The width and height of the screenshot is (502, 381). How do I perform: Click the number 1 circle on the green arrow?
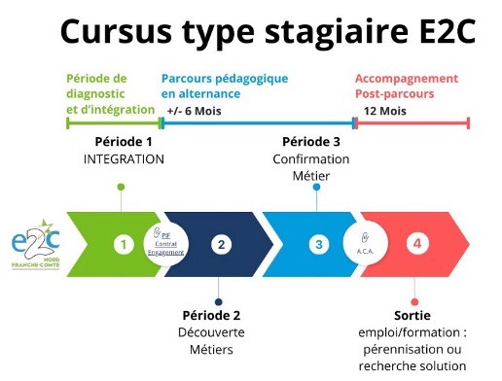(x=123, y=245)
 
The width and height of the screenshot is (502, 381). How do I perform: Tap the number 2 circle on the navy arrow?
(x=221, y=245)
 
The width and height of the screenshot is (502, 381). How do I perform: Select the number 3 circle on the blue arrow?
(x=317, y=245)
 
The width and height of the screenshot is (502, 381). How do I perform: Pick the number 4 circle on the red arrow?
(x=416, y=245)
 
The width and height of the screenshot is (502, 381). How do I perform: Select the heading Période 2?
(x=211, y=315)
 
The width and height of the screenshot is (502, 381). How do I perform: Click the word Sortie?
(x=413, y=317)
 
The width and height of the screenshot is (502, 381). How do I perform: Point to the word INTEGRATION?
(x=125, y=158)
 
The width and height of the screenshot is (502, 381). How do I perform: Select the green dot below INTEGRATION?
(x=121, y=187)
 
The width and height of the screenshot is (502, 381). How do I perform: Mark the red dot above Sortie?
(x=414, y=301)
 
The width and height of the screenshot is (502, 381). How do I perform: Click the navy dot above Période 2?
(x=219, y=301)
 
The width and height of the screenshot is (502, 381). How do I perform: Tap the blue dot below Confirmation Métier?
(x=316, y=187)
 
